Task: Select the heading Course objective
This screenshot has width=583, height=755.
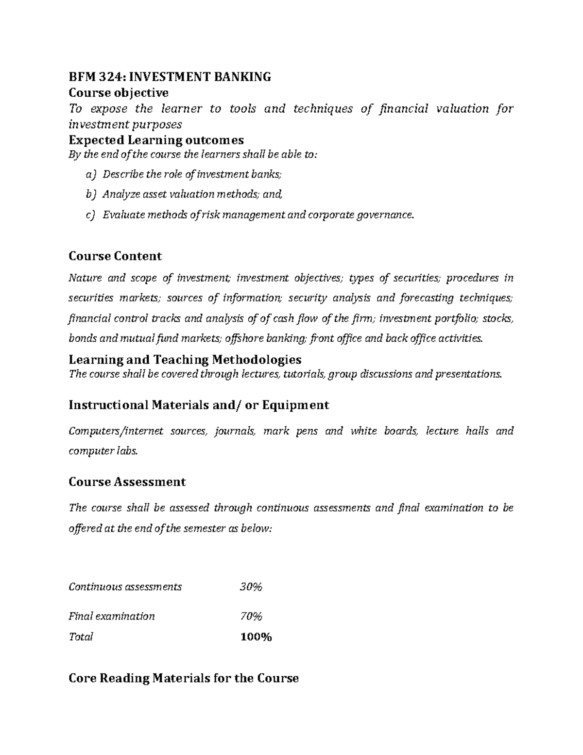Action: [x=119, y=92]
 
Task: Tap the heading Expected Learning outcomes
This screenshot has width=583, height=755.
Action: [x=156, y=140]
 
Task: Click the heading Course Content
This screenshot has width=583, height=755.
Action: [x=115, y=256]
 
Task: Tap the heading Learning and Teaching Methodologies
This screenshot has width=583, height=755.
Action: [x=185, y=359]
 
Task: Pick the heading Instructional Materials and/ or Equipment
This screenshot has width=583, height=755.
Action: [x=199, y=405]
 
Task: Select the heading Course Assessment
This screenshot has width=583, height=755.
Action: [x=127, y=482]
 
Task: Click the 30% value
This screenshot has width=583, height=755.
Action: [x=251, y=587]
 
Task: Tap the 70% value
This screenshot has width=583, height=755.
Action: [x=251, y=616]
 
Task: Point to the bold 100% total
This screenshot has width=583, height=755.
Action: [x=256, y=637]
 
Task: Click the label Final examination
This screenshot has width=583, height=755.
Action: [x=112, y=616]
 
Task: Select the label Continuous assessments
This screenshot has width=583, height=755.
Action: [x=125, y=587]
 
